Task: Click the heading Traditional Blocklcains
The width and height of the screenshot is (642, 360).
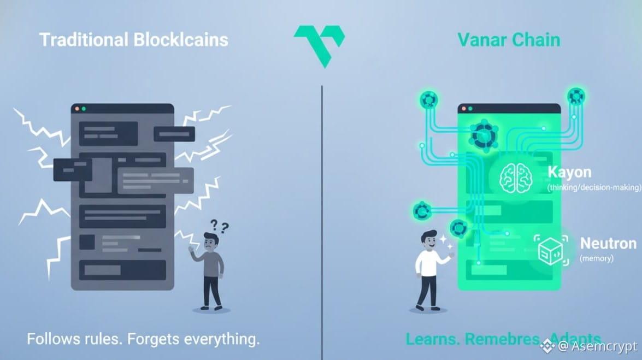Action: tap(134, 40)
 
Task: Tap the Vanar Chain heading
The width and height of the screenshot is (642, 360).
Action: tap(509, 40)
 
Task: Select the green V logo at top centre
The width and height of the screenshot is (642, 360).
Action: tap(319, 44)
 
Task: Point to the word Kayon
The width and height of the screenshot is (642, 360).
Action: tap(569, 173)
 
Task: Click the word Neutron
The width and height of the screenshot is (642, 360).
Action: tap(608, 243)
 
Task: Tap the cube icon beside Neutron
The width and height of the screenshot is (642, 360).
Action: tap(550, 251)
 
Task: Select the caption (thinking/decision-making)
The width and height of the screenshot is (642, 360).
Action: tap(594, 187)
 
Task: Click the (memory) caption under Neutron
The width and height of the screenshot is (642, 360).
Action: tap(596, 258)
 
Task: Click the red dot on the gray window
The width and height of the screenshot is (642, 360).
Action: tap(77, 109)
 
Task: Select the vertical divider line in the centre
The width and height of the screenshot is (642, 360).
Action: tap(321, 219)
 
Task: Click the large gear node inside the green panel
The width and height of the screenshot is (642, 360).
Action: tap(484, 134)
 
